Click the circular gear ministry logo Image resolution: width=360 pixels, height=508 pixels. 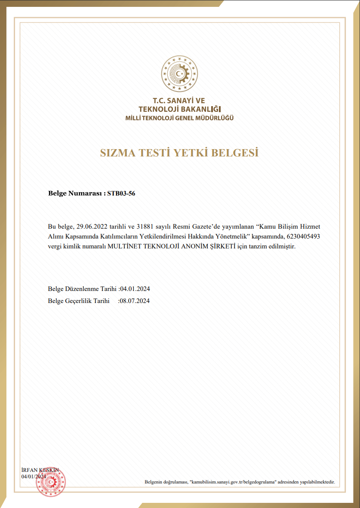(180, 73)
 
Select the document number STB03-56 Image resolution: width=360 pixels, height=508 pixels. (121, 194)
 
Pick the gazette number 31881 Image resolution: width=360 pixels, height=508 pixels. (145, 226)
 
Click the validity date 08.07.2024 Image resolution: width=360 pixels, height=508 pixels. (135, 301)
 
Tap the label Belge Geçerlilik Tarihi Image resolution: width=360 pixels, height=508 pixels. (79, 301)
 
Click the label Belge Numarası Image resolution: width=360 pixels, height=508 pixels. (75, 194)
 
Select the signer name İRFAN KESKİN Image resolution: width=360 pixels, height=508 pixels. (40, 470)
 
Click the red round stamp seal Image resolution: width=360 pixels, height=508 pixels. (50, 481)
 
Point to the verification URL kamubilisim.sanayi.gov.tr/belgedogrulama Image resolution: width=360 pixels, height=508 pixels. (234, 483)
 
